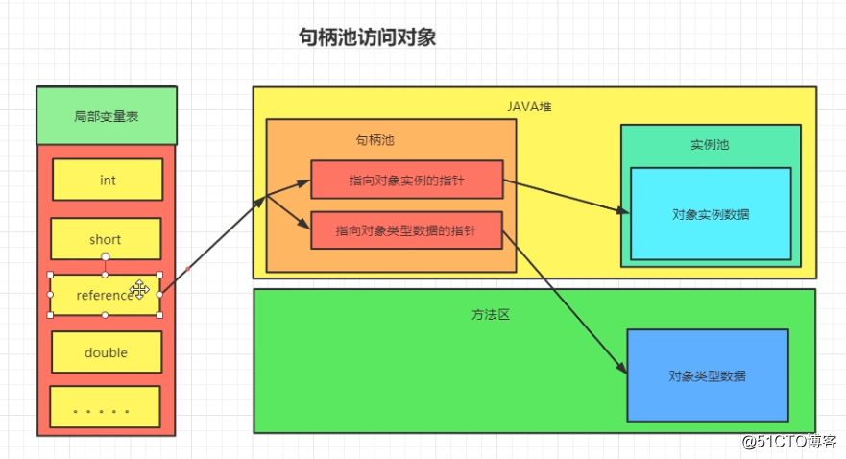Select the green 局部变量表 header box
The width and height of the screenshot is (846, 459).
coord(106,116)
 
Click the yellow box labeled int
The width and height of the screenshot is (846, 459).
coord(107,180)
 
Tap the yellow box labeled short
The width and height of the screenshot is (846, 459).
coord(106,239)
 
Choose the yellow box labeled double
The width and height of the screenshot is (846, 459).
coord(106,352)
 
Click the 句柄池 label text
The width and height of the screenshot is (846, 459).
coord(375,140)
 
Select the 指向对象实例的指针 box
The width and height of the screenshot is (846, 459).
coord(406,180)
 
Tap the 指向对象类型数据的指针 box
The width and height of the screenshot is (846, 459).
coord(406,230)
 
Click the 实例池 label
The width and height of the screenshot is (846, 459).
coord(710,145)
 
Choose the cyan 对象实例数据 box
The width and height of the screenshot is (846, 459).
coord(711,214)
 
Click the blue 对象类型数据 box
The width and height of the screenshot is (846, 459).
coord(707,375)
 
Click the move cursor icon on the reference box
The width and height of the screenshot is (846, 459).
coord(140,289)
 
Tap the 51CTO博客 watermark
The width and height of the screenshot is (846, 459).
coord(788,441)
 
